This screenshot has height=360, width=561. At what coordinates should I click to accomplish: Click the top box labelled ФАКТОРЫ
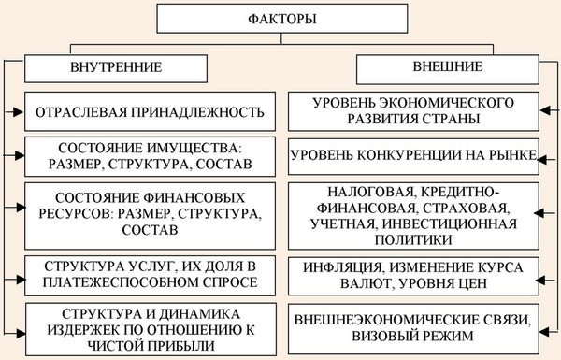280,18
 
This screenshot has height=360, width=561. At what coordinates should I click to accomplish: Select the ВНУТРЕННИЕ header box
116,67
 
